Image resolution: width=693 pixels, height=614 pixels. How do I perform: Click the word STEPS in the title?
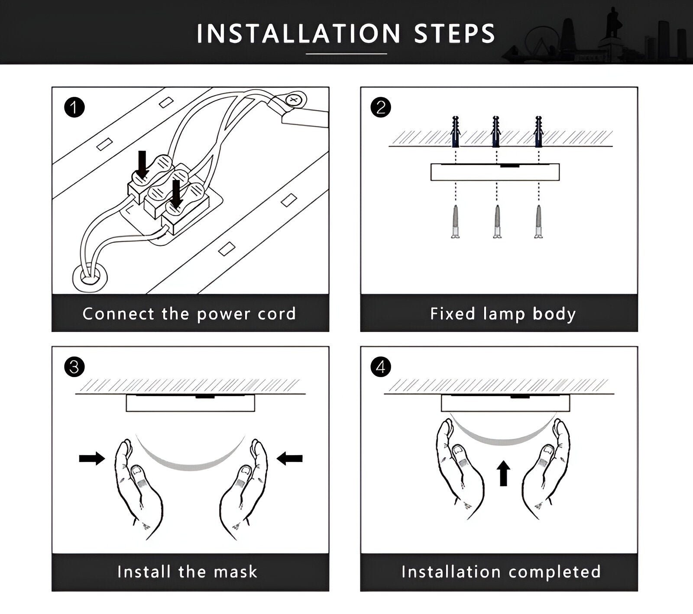454,34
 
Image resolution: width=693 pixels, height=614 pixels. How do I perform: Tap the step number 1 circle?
74,107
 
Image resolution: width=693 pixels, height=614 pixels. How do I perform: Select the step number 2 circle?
381,107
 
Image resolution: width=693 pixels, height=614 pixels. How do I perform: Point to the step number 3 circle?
74,367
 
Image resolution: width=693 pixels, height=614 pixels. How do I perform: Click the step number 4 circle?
381,367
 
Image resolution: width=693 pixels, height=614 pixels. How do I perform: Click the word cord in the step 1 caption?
277,314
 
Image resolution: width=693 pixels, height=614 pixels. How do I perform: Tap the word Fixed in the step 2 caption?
453,314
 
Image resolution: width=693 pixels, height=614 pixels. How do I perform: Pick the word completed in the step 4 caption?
555,572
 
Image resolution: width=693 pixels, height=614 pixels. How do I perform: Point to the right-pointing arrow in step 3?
92,458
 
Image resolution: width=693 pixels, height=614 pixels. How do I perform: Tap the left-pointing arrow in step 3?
289,458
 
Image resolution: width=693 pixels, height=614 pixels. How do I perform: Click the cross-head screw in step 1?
294,100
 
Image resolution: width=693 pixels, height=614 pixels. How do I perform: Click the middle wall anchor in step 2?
496,132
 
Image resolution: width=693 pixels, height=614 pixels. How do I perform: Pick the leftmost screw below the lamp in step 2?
455,222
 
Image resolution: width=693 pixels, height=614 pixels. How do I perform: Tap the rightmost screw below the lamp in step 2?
538,222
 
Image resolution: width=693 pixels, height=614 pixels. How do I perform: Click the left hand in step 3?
136,487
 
